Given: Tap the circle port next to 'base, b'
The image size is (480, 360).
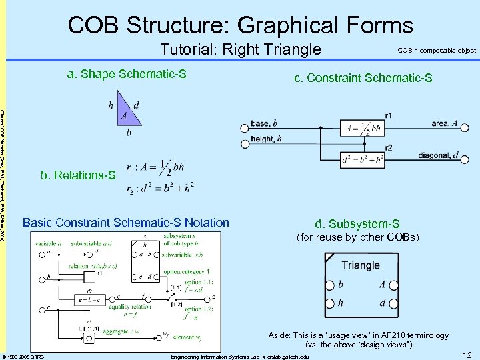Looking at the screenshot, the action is point(242,127).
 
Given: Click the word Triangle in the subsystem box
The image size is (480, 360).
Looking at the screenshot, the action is point(360,265).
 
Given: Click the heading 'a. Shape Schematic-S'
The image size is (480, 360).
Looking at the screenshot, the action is point(126,73).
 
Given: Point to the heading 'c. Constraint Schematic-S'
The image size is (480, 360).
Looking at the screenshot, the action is point(363,79).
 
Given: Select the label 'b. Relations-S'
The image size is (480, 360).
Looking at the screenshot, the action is point(78,176).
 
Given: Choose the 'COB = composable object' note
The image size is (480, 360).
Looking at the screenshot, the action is point(437,51).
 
